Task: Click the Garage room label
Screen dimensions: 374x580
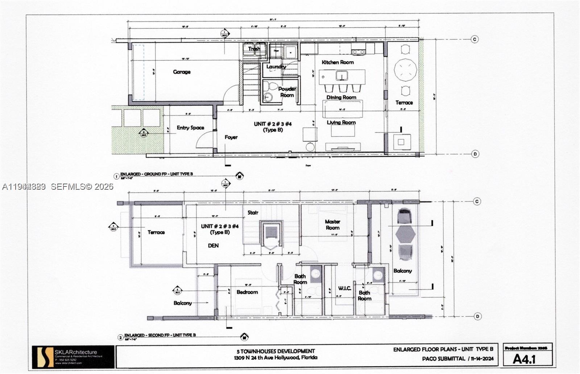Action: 182,72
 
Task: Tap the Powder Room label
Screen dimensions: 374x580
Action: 287,92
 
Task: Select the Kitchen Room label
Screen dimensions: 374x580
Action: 337,62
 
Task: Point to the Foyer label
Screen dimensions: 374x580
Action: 231,137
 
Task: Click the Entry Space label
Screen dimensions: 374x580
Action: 190,128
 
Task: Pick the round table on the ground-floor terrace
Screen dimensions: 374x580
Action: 405,70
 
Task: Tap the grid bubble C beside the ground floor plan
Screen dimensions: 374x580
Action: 475,39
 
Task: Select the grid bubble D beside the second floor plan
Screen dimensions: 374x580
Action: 477,316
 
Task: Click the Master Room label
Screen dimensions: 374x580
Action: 332,225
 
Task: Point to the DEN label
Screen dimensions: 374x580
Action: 213,246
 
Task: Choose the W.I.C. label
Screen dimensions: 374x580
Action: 344,288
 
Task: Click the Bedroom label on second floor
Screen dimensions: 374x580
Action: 247,292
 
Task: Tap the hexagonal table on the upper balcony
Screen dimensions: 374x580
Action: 405,234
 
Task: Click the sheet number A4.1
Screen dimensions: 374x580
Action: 524,359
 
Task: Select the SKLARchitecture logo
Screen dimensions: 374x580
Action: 43,357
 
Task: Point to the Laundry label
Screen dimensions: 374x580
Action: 276,67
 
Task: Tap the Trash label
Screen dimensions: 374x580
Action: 254,49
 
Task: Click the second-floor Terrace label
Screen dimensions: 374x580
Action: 156,232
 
